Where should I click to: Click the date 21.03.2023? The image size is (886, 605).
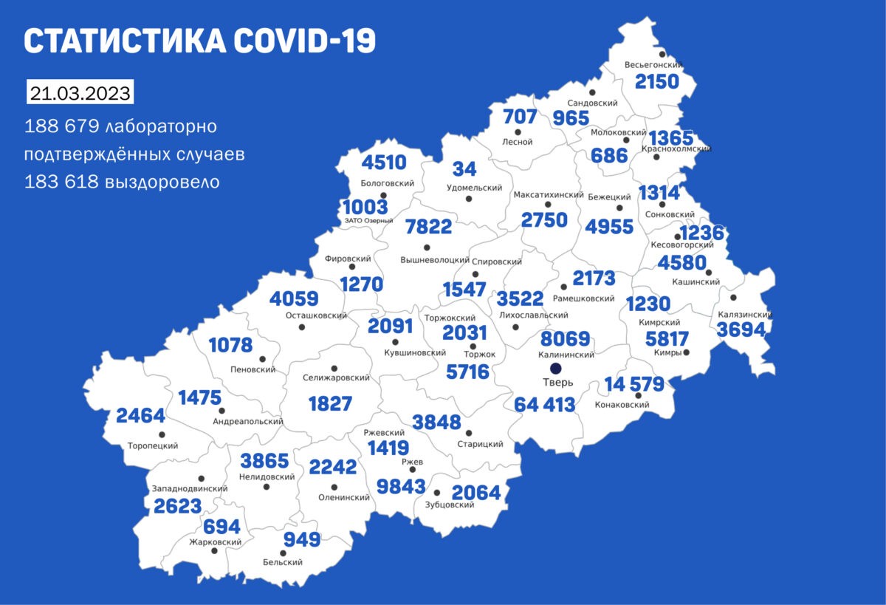pyautogui.click(x=80, y=95)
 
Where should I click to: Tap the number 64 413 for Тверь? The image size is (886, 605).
pyautogui.click(x=543, y=405)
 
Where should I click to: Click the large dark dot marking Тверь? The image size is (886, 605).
pyautogui.click(x=556, y=368)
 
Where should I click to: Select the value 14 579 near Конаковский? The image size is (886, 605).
pyautogui.click(x=634, y=384)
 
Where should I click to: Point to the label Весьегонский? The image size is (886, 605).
pyautogui.click(x=653, y=65)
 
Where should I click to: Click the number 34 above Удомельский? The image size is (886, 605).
pyautogui.click(x=464, y=169)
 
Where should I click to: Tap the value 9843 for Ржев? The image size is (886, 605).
pyautogui.click(x=401, y=485)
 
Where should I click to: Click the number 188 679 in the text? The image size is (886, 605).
pyautogui.click(x=61, y=126)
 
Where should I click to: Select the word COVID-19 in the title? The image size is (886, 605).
pyautogui.click(x=304, y=42)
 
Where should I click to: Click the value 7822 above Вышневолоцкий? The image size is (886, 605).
pyautogui.click(x=428, y=227)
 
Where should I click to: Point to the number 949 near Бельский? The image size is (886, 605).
pyautogui.click(x=301, y=539)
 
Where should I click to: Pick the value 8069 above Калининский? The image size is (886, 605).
pyautogui.click(x=566, y=339)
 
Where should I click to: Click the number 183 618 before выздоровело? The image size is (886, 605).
pyautogui.click(x=61, y=182)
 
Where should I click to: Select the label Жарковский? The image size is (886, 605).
pyautogui.click(x=216, y=541)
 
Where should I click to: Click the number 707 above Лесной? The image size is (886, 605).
pyautogui.click(x=519, y=117)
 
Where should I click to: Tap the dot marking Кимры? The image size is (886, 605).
pyautogui.click(x=686, y=352)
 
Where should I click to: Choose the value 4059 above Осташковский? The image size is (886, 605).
pyautogui.click(x=294, y=299)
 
